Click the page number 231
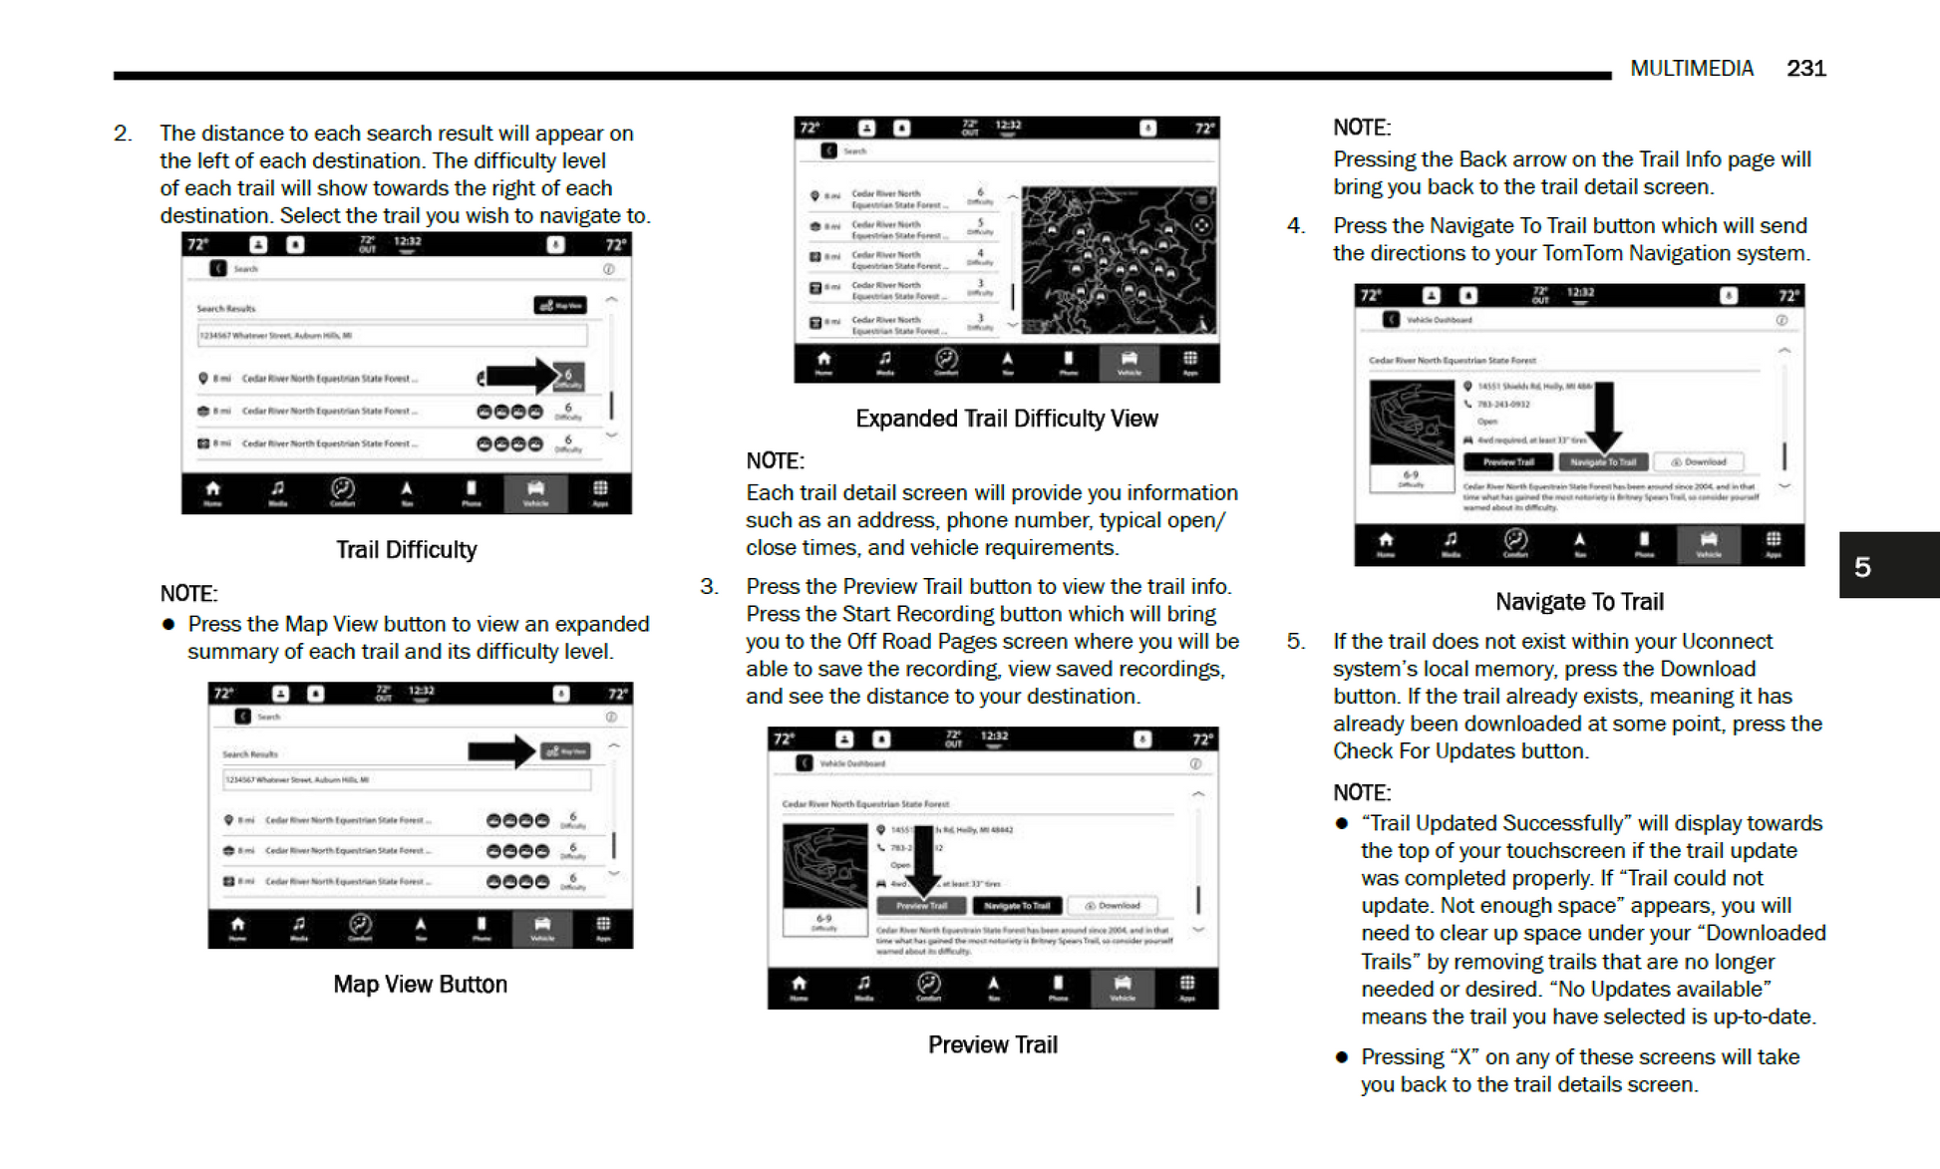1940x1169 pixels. tap(1805, 69)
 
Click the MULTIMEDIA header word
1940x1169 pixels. tap(1692, 69)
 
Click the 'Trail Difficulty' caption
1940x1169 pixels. tap(406, 550)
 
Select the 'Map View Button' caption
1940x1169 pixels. tap(420, 985)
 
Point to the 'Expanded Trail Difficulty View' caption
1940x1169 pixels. tap(1006, 419)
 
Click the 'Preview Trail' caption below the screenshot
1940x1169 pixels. tap(992, 1044)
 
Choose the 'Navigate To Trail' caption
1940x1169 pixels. tap(1579, 602)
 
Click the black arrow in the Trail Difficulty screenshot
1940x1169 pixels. tap(518, 376)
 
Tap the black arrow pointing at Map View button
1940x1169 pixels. tap(501, 750)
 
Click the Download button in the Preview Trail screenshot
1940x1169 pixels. tap(1113, 906)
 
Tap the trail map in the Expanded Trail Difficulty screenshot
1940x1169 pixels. tap(1118, 260)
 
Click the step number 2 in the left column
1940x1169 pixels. tap(122, 134)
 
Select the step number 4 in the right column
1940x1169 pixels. tap(1295, 226)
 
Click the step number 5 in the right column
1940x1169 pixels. tap(1295, 642)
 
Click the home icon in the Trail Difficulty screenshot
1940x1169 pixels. tap(212, 489)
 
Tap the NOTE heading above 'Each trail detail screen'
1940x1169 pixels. tap(775, 461)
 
